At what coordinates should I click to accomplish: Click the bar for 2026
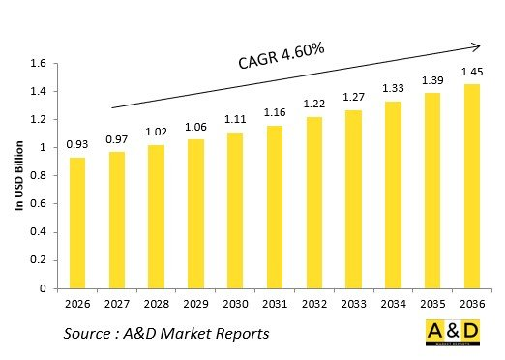(76, 223)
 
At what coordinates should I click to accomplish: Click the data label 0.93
(76, 145)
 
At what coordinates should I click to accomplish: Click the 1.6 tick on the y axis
(39, 64)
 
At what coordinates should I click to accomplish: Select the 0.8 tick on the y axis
(39, 176)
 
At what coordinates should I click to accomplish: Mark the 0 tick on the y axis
(44, 288)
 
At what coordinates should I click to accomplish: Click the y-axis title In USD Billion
(18, 176)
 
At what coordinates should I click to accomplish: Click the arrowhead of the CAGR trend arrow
(476, 45)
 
